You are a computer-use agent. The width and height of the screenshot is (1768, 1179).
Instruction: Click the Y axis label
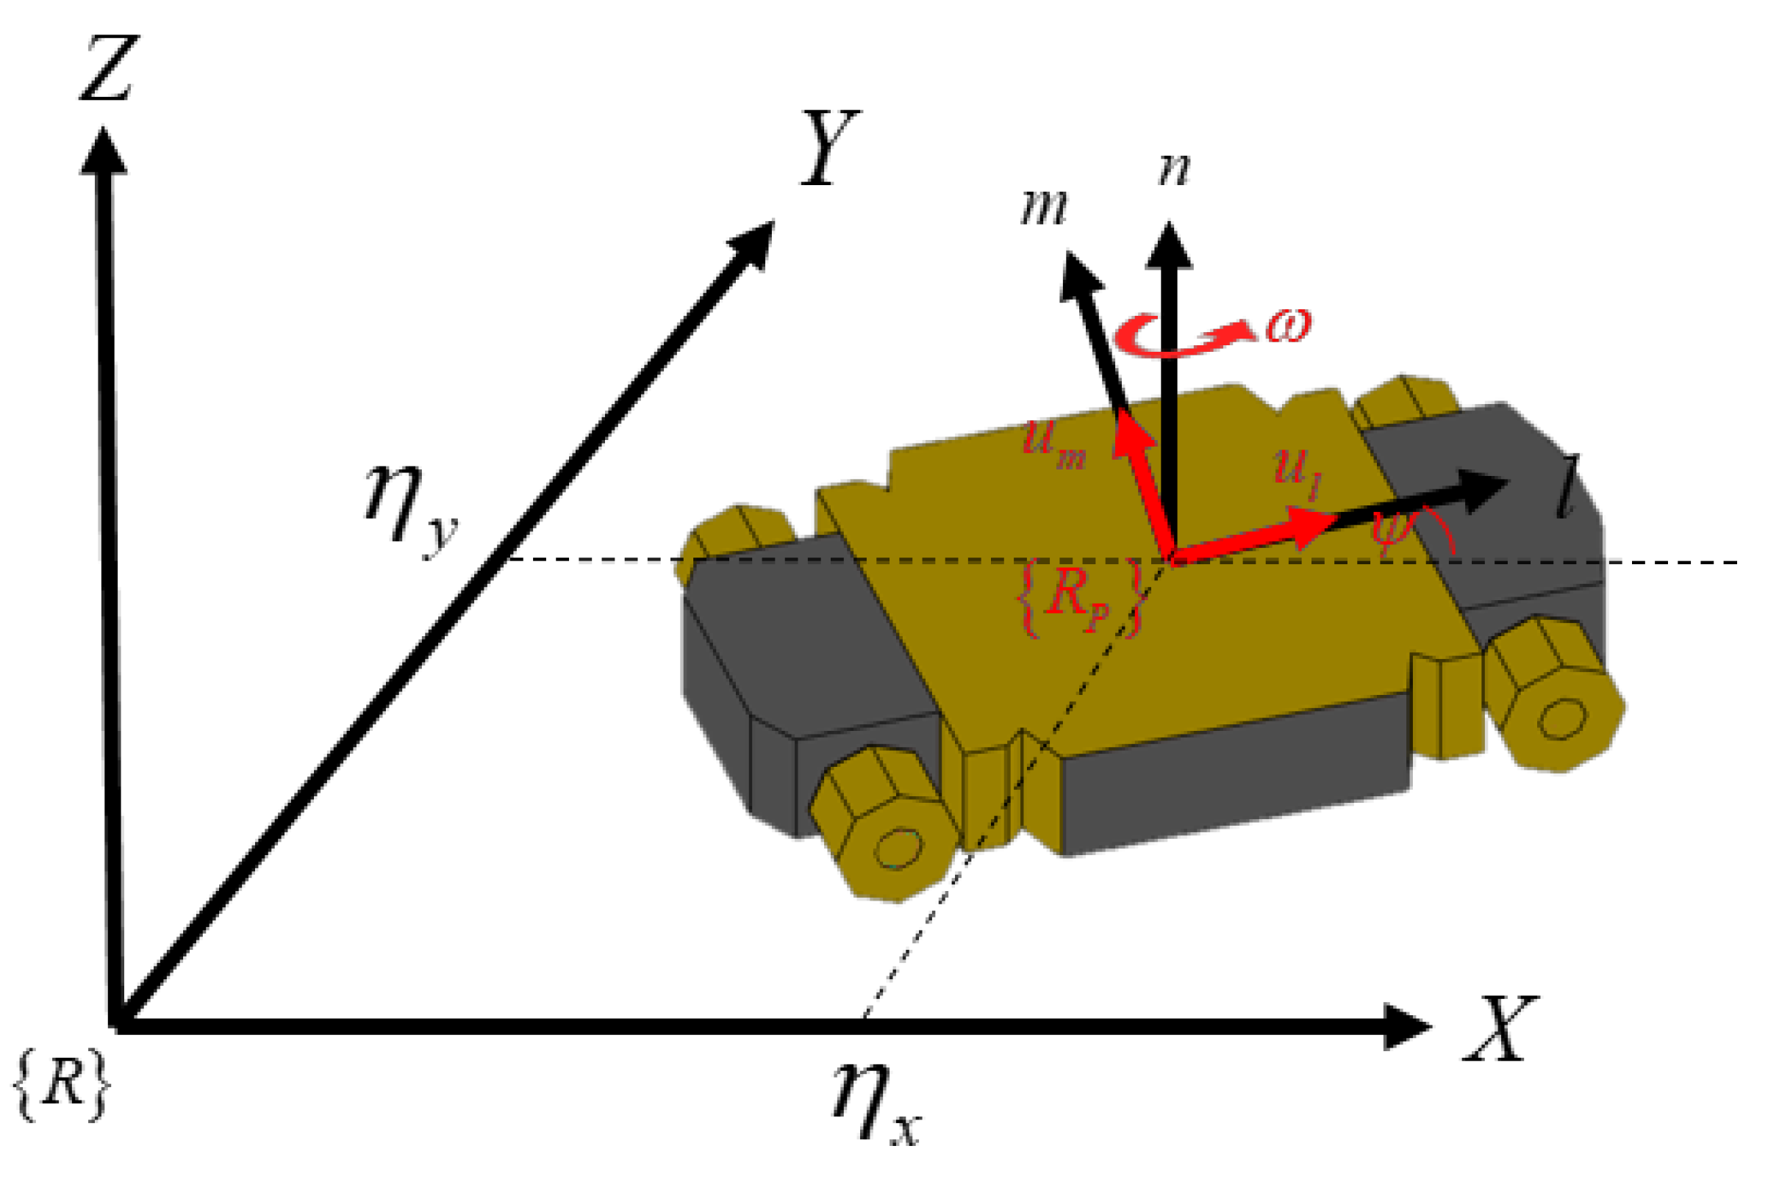pos(829,148)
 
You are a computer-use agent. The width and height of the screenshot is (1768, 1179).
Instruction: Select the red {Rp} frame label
pos(1079,597)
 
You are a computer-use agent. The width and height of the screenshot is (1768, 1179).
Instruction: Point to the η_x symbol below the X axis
pos(876,1103)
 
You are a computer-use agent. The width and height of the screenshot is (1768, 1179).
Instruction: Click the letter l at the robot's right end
pos(1568,487)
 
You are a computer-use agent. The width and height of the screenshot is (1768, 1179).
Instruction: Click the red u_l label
pos(1297,472)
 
